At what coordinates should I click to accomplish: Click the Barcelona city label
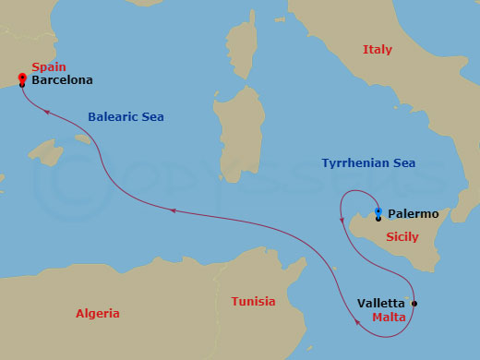(62, 80)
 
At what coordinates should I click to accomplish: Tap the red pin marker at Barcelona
(21, 78)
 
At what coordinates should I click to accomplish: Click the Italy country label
(378, 49)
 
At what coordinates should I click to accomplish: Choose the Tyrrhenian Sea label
(368, 163)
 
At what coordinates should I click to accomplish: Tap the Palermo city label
(413, 213)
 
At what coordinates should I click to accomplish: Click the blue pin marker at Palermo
(378, 212)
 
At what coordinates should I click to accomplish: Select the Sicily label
(402, 237)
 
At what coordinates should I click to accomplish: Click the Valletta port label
(380, 303)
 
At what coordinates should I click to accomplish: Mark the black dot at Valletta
(414, 304)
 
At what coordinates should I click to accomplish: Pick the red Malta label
(390, 317)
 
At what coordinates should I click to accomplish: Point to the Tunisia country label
(253, 302)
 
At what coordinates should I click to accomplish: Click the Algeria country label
(97, 314)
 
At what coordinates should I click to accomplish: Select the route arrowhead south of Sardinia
(173, 211)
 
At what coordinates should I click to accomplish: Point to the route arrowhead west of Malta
(356, 322)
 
